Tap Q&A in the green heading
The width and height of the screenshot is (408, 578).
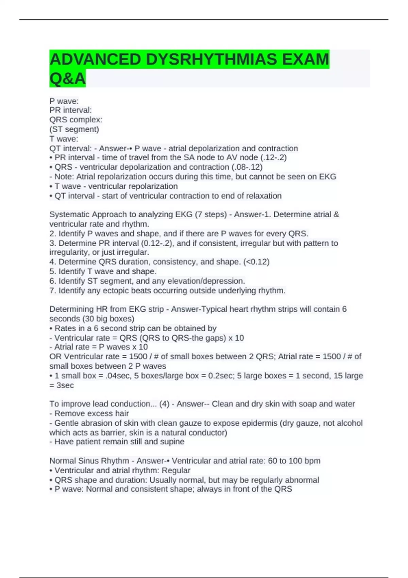tap(67, 79)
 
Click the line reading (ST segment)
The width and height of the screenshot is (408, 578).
tap(74, 129)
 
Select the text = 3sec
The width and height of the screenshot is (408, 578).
tap(62, 385)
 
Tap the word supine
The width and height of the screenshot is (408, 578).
tap(173, 442)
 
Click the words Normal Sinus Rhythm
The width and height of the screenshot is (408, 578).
tap(89, 461)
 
